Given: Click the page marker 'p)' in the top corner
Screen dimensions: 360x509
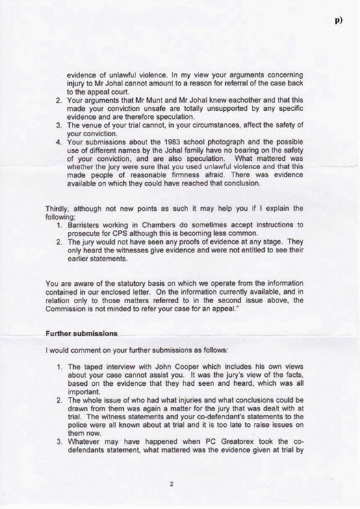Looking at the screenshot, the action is click(338, 21).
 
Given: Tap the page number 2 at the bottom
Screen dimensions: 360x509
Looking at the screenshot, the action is click(172, 484).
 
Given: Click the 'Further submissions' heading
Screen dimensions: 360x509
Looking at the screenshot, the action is click(81, 334).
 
